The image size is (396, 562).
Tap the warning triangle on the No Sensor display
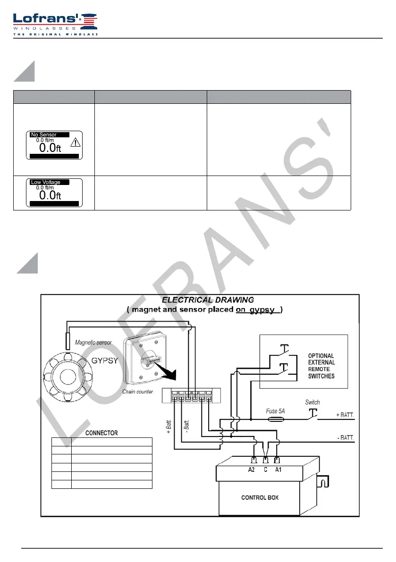(x=75, y=143)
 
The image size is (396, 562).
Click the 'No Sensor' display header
(x=44, y=135)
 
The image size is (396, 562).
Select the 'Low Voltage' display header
(x=45, y=182)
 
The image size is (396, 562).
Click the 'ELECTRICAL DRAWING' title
(x=208, y=300)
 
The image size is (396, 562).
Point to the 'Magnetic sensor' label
(x=93, y=342)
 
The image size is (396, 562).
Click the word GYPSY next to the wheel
(x=105, y=361)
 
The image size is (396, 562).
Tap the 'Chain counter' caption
(x=138, y=392)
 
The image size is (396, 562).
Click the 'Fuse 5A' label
(x=275, y=411)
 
